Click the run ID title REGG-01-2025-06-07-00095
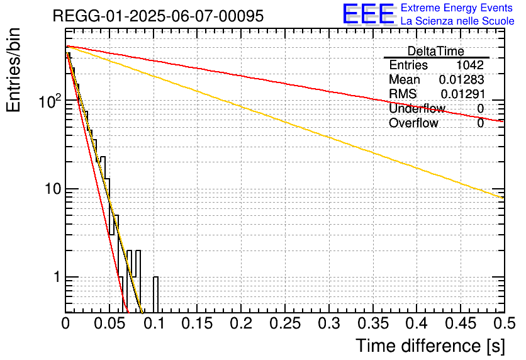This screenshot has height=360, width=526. click(158, 16)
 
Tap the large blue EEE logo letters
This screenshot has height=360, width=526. click(368, 15)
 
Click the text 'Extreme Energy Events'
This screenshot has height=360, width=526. click(457, 8)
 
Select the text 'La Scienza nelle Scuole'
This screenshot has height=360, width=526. click(457, 21)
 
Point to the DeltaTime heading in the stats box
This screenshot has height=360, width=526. click(435, 51)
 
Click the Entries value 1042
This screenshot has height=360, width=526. click(470, 65)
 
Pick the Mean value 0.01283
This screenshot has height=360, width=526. click(461, 80)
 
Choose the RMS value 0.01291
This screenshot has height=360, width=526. click(462, 94)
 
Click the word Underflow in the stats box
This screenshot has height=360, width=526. click(417, 109)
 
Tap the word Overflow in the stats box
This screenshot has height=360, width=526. click(413, 123)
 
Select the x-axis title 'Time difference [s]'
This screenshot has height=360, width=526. click(429, 346)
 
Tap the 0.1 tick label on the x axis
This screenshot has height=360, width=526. click(154, 324)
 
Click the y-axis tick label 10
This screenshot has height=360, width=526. click(51, 189)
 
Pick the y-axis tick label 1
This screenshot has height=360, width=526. click(55, 278)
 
